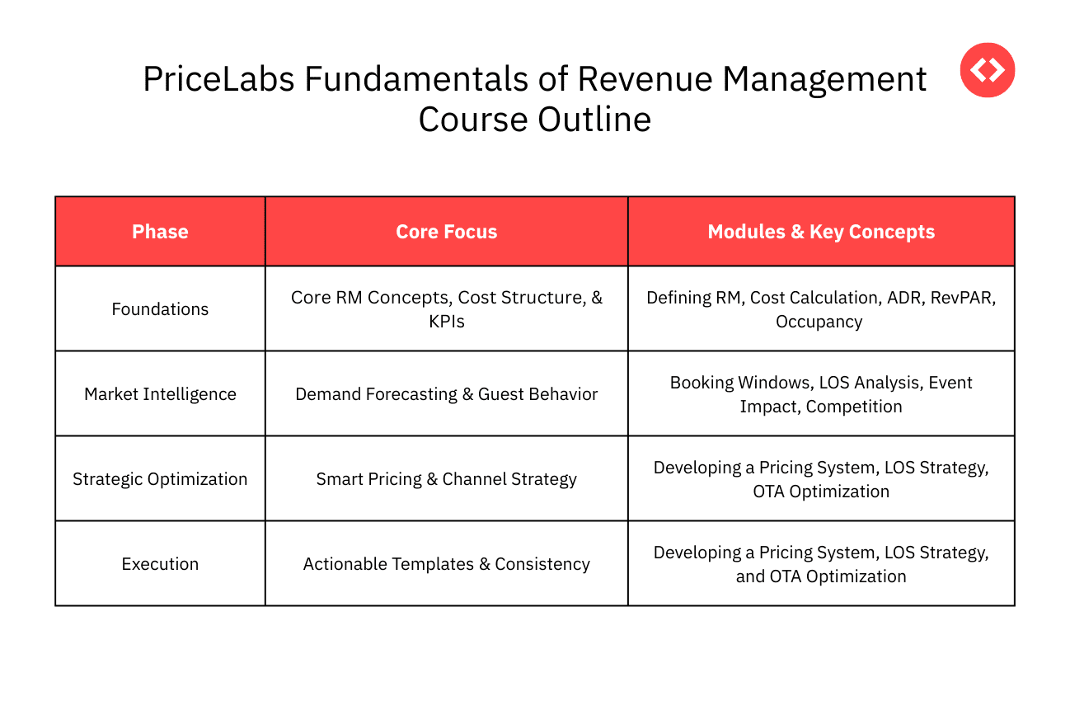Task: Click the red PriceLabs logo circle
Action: point(987,70)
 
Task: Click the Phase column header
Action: point(160,232)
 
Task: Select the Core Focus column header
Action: point(446,232)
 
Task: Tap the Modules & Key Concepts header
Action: point(821,232)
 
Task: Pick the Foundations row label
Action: point(160,309)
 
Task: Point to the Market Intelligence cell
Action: point(160,394)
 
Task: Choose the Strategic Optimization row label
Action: point(160,479)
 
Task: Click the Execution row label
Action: point(160,564)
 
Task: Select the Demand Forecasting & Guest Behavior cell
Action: point(446,394)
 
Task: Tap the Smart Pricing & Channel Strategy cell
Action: point(446,479)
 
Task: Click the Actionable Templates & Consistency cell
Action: point(446,564)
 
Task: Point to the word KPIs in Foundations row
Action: point(446,322)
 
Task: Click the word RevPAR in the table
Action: point(963,298)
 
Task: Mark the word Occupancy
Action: point(819,322)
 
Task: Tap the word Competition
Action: point(854,407)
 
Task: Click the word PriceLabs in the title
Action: point(218,80)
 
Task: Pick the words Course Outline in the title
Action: point(534,120)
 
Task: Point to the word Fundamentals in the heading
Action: point(416,80)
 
